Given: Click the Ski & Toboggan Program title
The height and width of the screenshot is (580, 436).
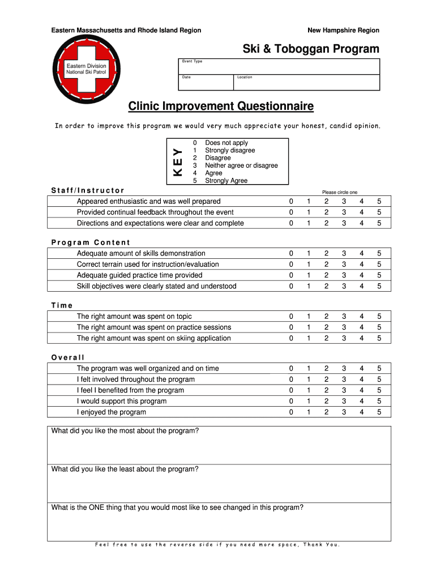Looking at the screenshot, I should tap(311, 49).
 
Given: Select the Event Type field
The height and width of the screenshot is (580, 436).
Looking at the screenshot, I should tap(279, 66).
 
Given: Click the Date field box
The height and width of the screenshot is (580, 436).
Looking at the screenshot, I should tap(206, 82).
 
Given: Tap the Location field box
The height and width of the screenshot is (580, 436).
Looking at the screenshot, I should tap(306, 82).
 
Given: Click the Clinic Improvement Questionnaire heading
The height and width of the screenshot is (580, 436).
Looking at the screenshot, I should tap(220, 106).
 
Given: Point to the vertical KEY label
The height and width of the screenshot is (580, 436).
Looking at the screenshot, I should tap(178, 161).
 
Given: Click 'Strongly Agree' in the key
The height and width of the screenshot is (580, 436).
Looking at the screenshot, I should tap(226, 181).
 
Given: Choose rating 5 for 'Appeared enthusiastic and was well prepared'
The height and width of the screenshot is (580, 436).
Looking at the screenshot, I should tap(379, 202).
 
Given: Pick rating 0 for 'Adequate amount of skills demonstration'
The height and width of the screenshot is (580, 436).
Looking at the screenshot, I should tap(291, 254).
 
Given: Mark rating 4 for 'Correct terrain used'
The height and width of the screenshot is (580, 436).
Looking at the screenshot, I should tap(361, 265).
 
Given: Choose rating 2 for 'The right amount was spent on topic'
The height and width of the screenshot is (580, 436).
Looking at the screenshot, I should tap(326, 317).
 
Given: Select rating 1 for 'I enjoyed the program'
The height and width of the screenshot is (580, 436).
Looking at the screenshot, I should tap(309, 412).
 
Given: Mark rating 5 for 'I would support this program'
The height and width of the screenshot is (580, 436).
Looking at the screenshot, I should tap(379, 402).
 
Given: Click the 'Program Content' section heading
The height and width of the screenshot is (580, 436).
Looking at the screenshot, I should tap(91, 242).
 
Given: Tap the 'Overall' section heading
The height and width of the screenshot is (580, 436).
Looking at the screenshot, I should tap(68, 357).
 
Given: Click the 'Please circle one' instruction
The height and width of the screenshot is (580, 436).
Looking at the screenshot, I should tap(340, 193).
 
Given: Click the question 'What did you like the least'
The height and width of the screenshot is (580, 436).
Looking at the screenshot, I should tap(125, 469).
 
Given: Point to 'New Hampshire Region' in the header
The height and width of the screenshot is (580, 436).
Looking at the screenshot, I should tap(343, 30).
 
